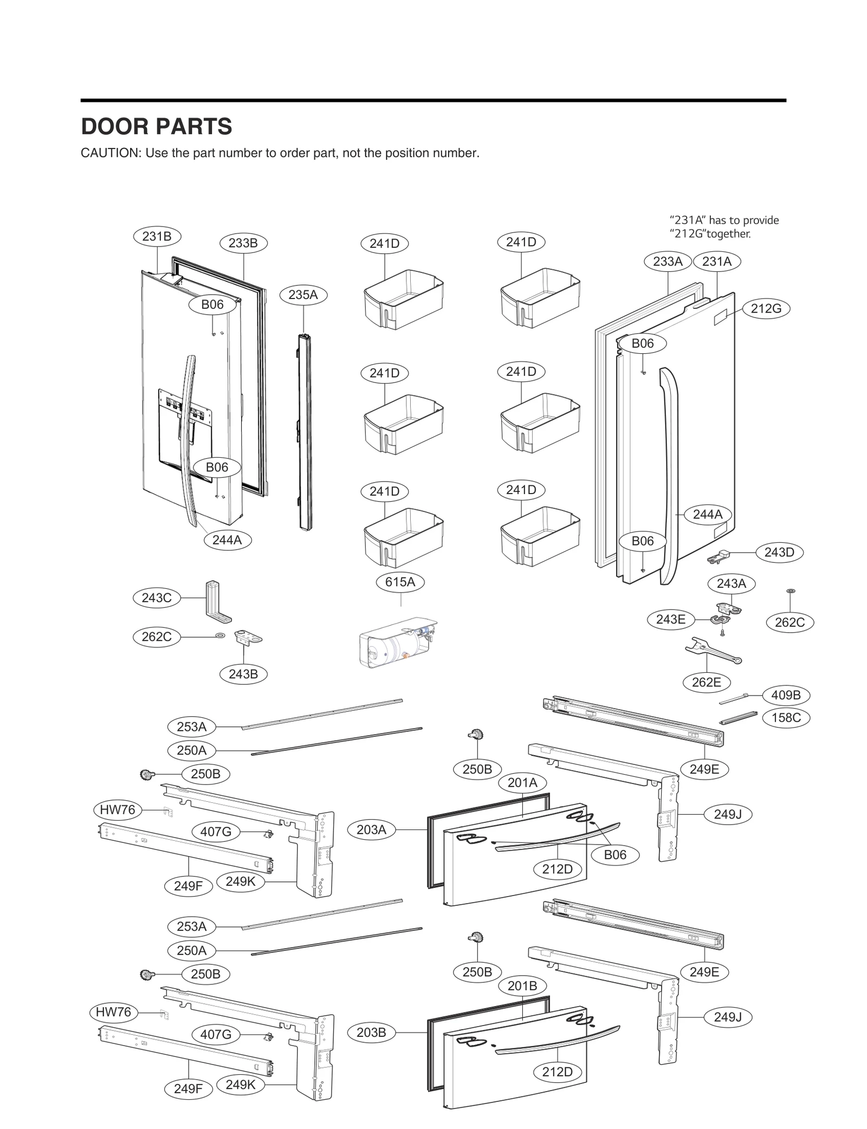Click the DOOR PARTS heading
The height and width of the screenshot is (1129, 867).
coord(156,127)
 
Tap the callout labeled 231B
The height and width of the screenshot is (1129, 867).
coord(157,236)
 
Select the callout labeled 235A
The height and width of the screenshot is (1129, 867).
coord(303,295)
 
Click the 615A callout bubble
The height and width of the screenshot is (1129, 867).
coord(400,582)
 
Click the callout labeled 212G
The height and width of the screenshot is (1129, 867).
coord(766,309)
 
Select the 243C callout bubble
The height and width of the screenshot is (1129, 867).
coord(157,598)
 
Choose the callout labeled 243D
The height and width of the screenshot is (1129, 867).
coord(779,553)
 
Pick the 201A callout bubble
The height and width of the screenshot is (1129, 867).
coord(522,782)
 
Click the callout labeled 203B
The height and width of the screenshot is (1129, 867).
coord(371,1032)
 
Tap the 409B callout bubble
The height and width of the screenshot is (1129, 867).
coord(786,695)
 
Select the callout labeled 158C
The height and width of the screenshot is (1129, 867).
coord(786,718)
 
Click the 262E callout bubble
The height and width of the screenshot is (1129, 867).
coord(707,682)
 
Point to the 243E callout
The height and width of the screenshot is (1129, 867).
coord(671,619)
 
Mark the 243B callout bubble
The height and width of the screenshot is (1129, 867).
coord(243,674)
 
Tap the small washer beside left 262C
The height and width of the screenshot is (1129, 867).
coord(221,635)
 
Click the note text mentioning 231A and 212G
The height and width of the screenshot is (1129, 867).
coord(724,227)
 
